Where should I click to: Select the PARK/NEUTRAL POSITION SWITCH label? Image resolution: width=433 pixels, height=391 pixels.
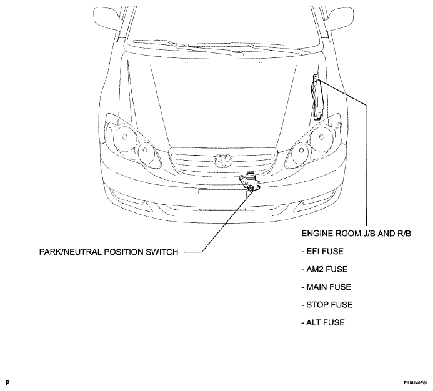click(x=109, y=252)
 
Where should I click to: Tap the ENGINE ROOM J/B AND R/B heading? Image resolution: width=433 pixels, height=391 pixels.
click(x=356, y=234)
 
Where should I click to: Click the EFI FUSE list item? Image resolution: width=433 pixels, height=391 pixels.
click(x=322, y=251)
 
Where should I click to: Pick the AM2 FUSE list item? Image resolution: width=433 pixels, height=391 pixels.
click(x=324, y=269)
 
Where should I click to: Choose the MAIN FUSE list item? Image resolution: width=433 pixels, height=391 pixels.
click(x=326, y=287)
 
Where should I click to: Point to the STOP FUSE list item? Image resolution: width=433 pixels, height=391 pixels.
click(x=327, y=305)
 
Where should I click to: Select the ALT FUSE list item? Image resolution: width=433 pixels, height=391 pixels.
click(x=323, y=322)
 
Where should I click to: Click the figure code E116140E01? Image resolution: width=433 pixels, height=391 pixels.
click(x=416, y=383)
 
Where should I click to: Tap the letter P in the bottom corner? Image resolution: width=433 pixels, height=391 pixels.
click(x=7, y=383)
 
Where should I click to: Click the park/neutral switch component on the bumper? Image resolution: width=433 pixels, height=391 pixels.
click(x=250, y=182)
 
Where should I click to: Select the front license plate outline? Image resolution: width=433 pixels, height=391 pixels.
click(x=222, y=200)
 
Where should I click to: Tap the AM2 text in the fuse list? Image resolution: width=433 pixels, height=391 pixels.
click(x=314, y=269)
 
